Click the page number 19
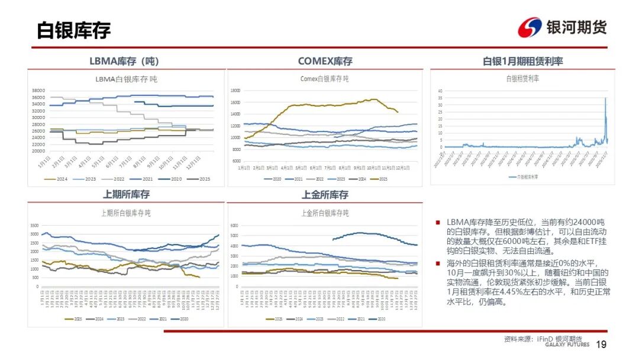(602, 345)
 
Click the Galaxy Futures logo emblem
(530, 27)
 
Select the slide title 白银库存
(74, 30)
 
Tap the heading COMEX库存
(325, 61)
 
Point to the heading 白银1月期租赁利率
(522, 61)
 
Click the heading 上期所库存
(126, 194)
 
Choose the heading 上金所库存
(325, 194)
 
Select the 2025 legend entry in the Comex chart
(380, 179)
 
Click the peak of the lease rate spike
(605, 98)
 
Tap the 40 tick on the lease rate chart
(440, 91)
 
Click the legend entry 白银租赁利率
(524, 176)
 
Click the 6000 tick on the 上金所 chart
(234, 226)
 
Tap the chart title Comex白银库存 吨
(324, 79)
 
